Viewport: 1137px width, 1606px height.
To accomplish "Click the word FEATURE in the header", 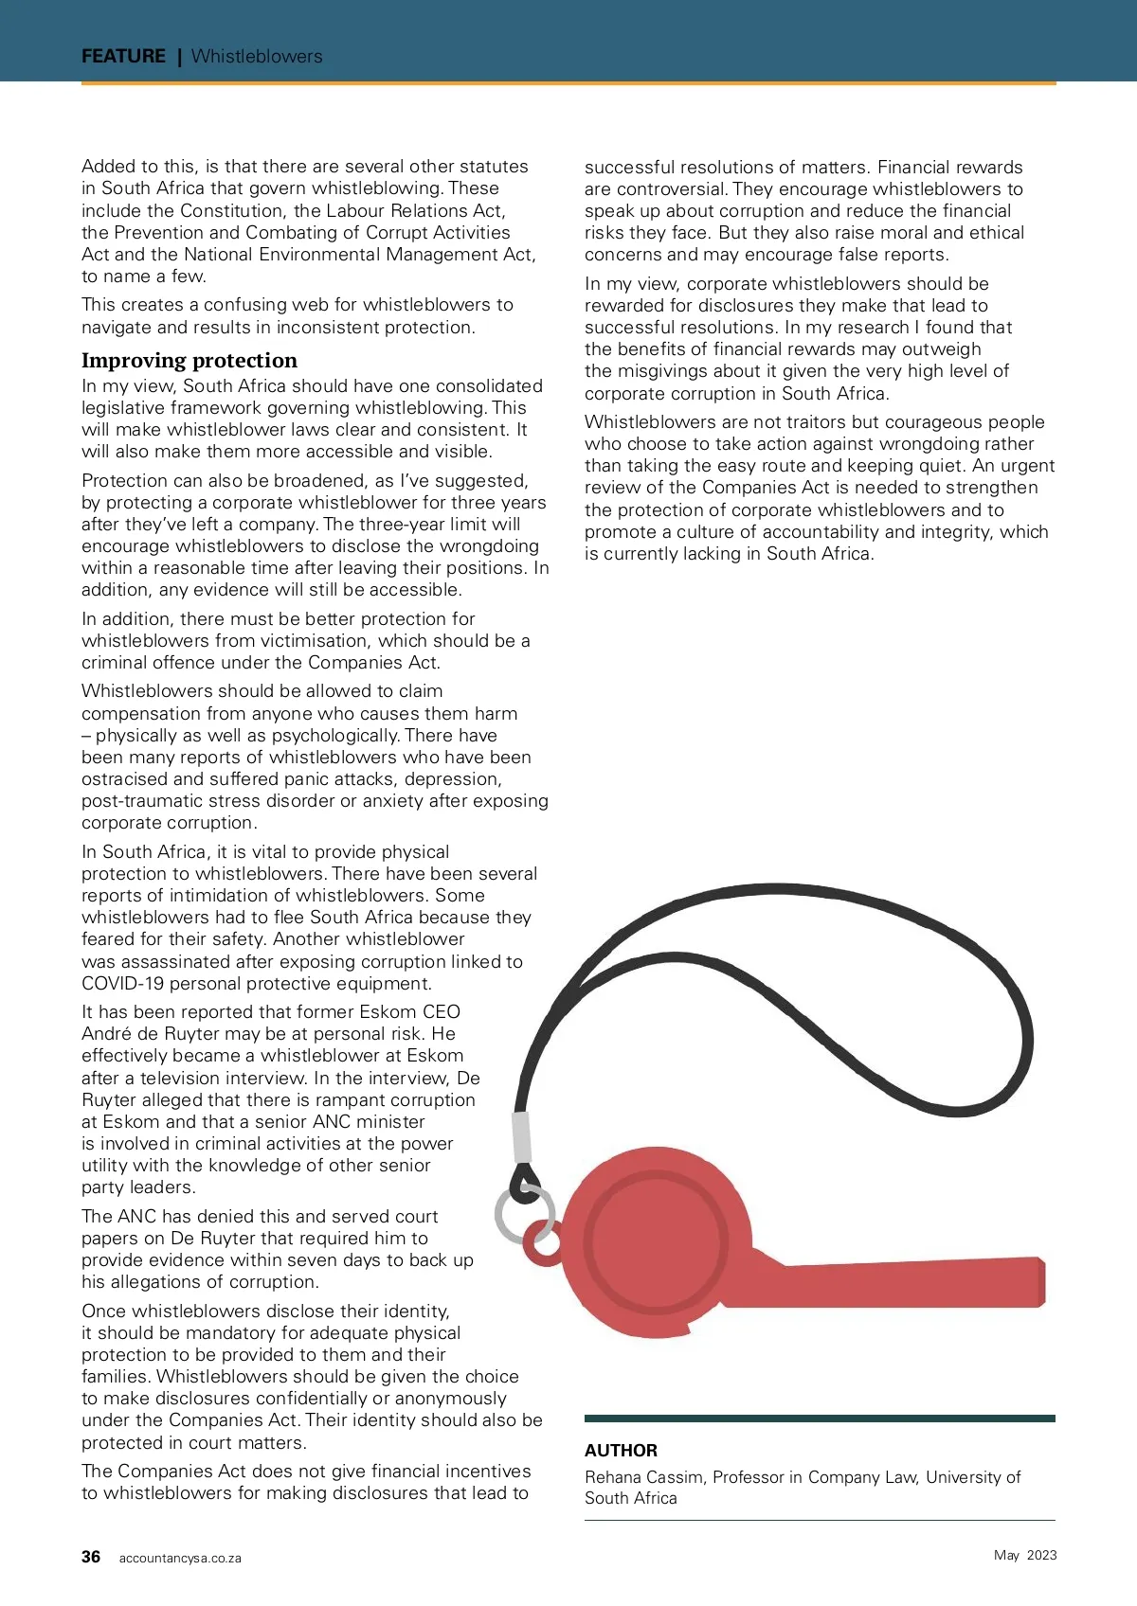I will (123, 56).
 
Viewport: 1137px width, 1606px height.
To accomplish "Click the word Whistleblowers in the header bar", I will (257, 56).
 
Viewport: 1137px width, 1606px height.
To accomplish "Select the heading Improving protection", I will (189, 360).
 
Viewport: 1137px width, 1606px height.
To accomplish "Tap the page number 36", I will (91, 1557).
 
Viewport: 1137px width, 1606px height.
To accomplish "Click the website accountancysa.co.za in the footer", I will (180, 1558).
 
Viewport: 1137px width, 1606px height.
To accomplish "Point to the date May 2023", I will (1025, 1555).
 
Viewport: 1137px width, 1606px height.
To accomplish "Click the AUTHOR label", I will (621, 1450).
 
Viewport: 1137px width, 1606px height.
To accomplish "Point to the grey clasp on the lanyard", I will (522, 1136).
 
